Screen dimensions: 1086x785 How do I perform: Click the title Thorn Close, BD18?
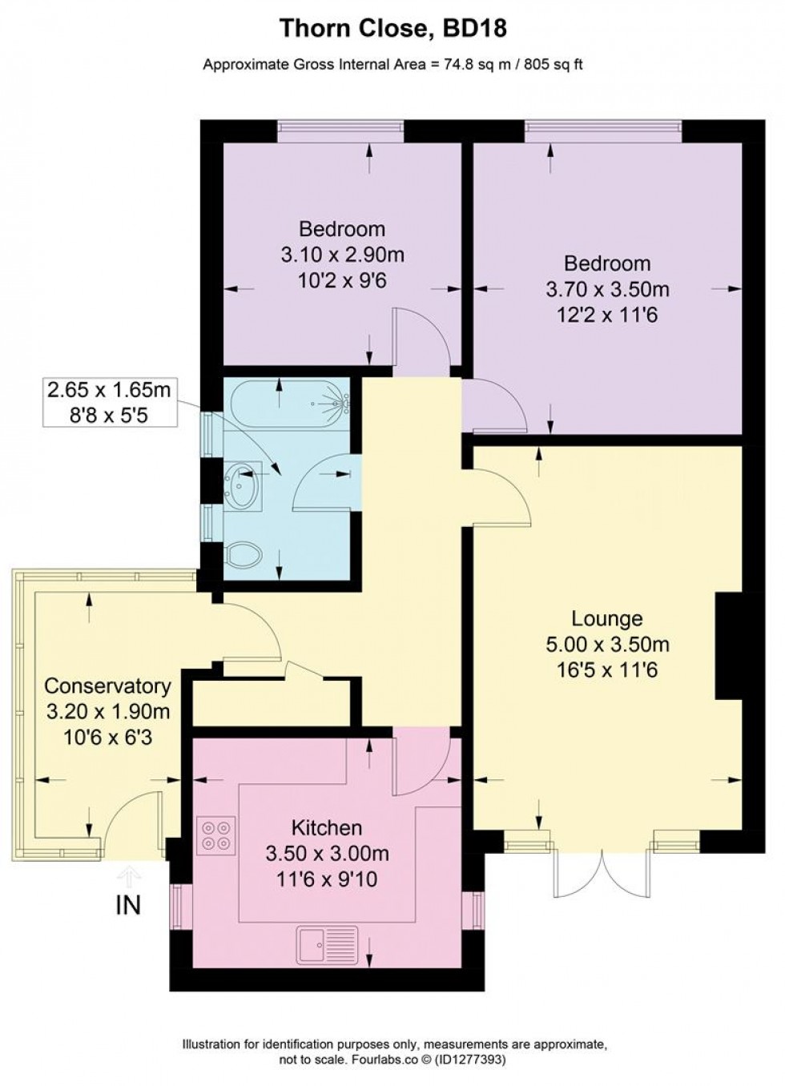(392, 30)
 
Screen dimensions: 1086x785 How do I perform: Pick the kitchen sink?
(328, 944)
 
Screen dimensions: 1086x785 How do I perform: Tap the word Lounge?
(606, 618)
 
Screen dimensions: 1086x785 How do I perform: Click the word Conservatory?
(107, 686)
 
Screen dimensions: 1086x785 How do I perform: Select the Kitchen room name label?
(326, 827)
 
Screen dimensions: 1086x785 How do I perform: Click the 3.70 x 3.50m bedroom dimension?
(606, 289)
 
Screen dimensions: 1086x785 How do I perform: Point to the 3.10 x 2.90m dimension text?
(341, 255)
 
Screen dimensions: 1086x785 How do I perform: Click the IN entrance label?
(128, 905)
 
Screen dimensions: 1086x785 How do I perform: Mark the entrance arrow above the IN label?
(129, 873)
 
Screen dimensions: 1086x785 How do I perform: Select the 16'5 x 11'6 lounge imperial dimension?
(606, 669)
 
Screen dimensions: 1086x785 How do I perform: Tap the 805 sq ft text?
(553, 64)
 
